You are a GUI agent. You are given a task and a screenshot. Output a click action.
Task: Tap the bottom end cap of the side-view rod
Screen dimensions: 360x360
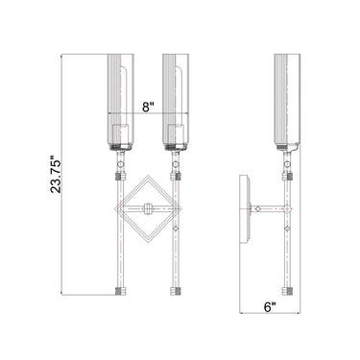coord(288,289)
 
